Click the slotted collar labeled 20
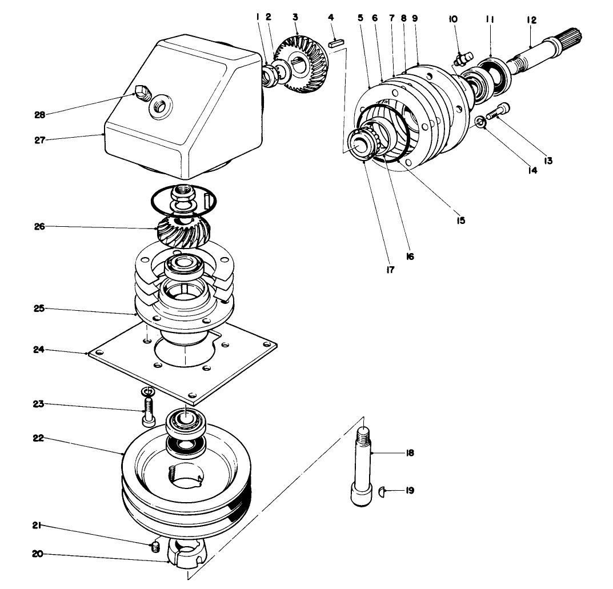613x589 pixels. [x=186, y=552]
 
